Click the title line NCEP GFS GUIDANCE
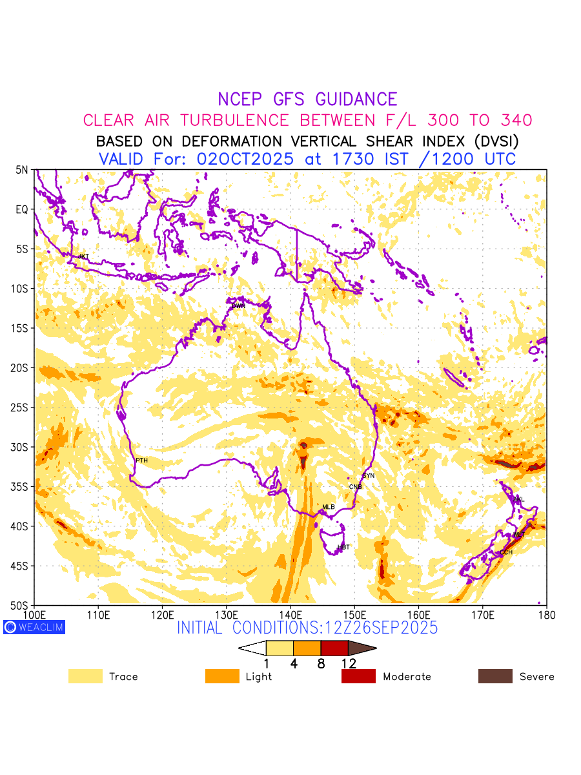(x=307, y=99)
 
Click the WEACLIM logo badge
(x=34, y=627)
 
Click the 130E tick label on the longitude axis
(x=226, y=614)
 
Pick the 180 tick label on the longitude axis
(x=546, y=614)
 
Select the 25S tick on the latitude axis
(x=22, y=408)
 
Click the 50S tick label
(x=22, y=606)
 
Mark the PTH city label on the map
(x=141, y=460)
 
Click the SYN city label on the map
(x=368, y=476)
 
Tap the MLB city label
(x=329, y=507)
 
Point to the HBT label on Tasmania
(x=343, y=548)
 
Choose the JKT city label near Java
(x=83, y=256)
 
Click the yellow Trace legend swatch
(x=85, y=676)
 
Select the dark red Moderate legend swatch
(x=358, y=676)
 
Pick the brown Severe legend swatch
(x=495, y=676)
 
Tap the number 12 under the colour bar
(x=349, y=663)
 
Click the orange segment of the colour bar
(x=307, y=648)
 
